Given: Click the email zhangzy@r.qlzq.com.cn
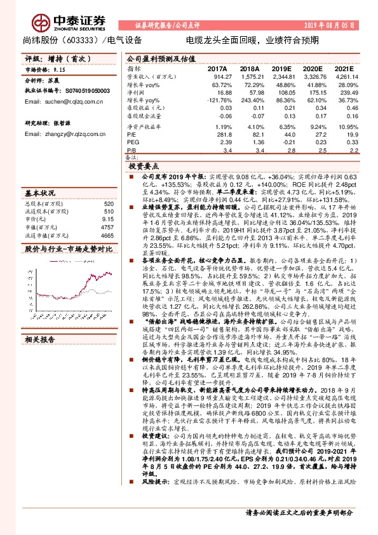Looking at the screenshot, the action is tap(63, 134).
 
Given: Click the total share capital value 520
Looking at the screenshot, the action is tap(109, 203).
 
